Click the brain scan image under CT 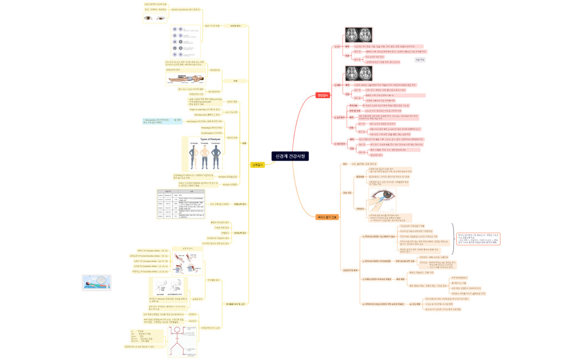click(359, 35)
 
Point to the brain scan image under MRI click(359, 73)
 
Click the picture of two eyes click(155, 18)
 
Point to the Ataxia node click(219, 176)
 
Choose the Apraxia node click(221, 184)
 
